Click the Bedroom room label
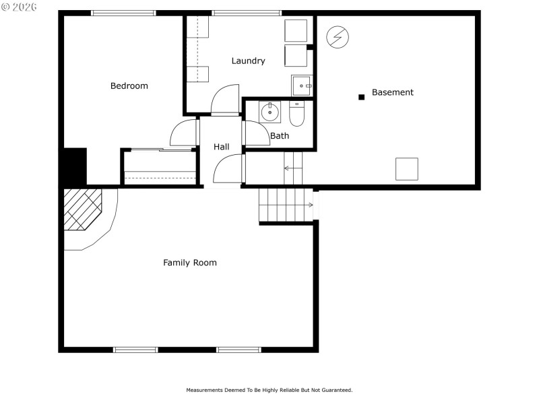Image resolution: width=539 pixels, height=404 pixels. coord(129,86)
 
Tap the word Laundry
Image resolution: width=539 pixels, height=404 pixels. coord(248,61)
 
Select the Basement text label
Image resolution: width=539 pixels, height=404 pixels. coord(392,92)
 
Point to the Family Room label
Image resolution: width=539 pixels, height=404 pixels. coord(190,263)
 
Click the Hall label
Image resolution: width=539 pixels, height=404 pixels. coord(221,147)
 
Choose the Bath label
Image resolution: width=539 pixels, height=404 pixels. coord(279,136)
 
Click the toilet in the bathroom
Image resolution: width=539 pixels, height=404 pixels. coord(297,114)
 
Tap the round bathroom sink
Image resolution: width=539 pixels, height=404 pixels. coord(269,111)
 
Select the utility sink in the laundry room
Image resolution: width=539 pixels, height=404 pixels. coord(301,86)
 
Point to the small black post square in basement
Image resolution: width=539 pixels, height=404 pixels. coord(361,97)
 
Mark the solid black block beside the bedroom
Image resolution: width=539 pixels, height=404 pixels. coord(75,166)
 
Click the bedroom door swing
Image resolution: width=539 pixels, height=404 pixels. coord(183,133)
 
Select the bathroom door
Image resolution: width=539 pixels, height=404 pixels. coord(256,133)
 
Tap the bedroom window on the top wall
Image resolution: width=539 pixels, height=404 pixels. coord(123,13)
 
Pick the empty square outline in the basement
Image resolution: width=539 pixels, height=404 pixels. coord(406,169)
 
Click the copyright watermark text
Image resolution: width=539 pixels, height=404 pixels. coord(18,7)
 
